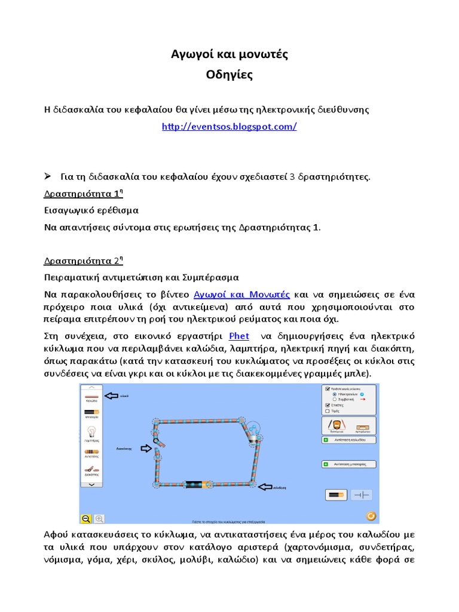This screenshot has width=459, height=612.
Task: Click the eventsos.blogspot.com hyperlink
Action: click(229, 127)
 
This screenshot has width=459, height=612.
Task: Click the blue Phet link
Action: click(239, 335)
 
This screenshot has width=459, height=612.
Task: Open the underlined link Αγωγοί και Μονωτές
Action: click(242, 294)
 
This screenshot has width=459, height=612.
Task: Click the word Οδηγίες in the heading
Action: click(229, 75)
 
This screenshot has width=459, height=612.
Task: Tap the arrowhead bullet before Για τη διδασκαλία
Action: click(49, 176)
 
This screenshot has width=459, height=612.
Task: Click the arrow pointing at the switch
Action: click(145, 448)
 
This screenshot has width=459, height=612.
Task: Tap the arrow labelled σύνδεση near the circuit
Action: click(266, 486)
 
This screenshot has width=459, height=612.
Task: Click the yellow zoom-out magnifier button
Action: click(86, 519)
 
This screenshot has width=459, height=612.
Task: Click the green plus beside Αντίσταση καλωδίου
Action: click(326, 439)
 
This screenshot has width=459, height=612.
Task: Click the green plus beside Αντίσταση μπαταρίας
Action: click(326, 464)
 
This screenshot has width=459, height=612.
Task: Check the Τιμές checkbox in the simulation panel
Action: click(327, 411)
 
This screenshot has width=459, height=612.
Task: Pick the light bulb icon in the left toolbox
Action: click(92, 432)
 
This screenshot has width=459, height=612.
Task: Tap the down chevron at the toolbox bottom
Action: click(91, 485)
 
